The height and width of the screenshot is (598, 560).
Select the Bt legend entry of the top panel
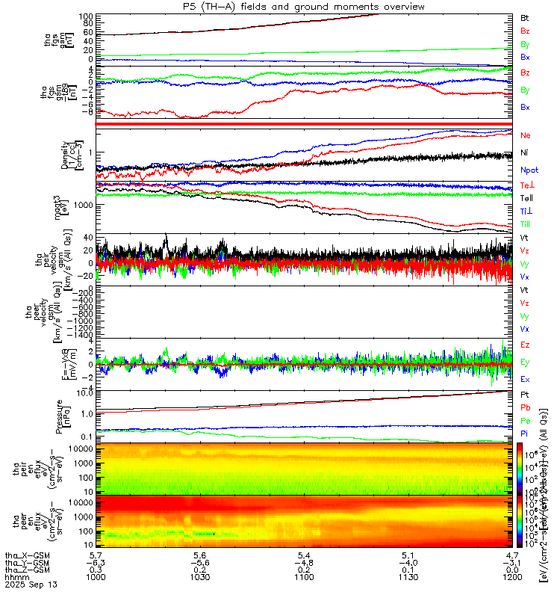point(525,17)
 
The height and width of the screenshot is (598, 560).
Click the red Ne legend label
point(525,135)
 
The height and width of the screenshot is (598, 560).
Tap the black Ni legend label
point(524,152)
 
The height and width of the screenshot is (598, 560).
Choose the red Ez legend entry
point(525,345)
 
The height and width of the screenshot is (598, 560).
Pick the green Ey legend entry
point(525,363)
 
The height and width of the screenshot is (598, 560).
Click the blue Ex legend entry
point(525,380)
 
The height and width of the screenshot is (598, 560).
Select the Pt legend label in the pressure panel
point(524,394)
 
